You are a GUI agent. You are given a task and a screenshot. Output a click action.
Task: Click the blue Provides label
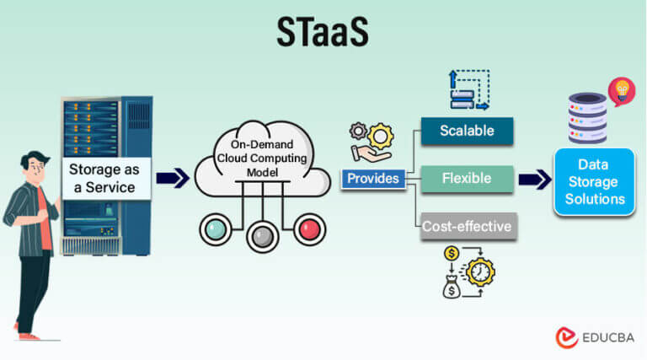click(x=372, y=179)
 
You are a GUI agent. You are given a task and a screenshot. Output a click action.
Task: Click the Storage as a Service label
click(x=105, y=178)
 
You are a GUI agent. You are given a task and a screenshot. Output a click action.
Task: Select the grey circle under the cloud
click(x=262, y=236)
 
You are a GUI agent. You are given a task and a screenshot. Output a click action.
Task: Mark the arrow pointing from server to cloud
click(x=172, y=178)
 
